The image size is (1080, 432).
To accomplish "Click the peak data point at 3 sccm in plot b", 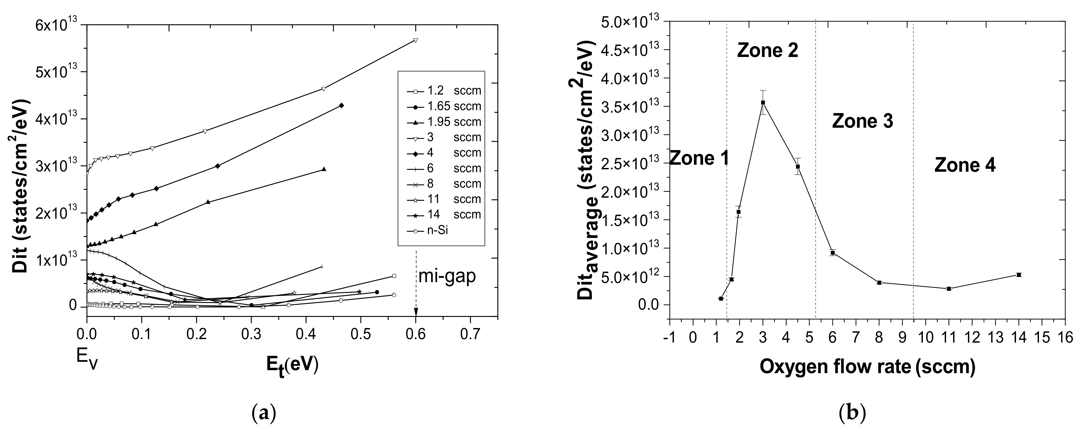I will coord(763,102).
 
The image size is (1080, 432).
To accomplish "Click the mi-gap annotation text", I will coord(447,277).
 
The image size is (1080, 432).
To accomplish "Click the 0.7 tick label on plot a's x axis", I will coord(470,336).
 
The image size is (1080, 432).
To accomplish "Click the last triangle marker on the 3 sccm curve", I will coord(416,40).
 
